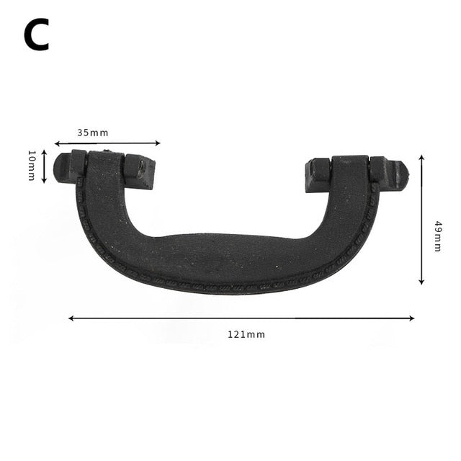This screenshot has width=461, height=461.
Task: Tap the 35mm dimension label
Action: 92,133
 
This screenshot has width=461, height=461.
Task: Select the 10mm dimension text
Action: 31,166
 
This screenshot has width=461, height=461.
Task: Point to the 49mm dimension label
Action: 437,236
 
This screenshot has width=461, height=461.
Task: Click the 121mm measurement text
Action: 246,334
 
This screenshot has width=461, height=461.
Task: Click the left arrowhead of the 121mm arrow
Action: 71,318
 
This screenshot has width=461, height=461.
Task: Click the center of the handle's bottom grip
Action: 230,261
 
